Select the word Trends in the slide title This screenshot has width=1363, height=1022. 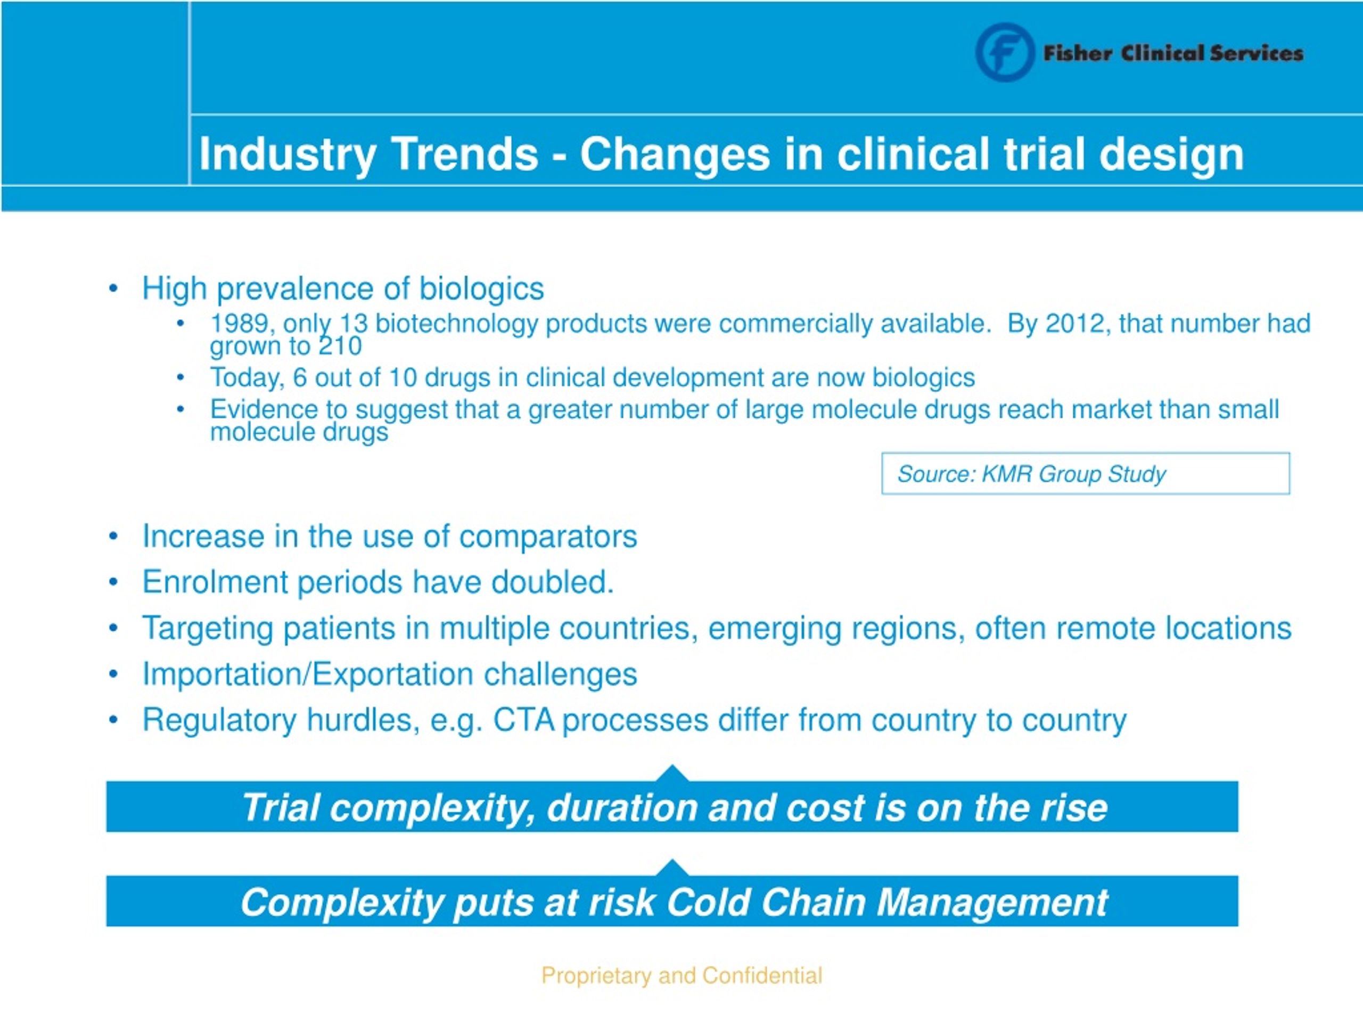pos(465,153)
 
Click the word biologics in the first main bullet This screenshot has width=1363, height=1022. pos(481,289)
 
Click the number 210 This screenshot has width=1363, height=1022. pos(340,346)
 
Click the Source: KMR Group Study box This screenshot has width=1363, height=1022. pos(1085,473)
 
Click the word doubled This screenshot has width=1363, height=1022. pos(552,582)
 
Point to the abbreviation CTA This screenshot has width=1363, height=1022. pos(523,720)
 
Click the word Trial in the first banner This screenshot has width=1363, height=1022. pos(280,807)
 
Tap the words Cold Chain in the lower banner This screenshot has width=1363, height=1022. pos(765,902)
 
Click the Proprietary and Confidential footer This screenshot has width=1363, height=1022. pos(681,976)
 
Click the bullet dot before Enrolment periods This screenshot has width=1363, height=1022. pos(113,582)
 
